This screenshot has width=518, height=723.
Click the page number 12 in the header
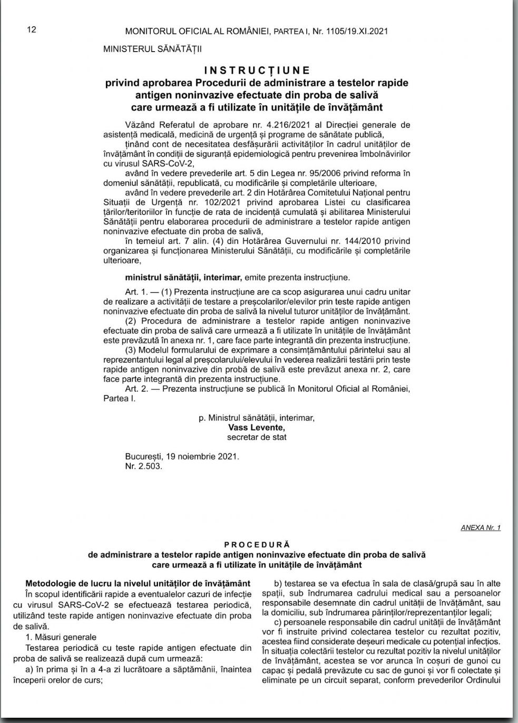click(x=32, y=30)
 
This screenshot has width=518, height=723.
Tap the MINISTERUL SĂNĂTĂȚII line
click(x=152, y=49)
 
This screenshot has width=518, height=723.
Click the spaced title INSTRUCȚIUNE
click(x=257, y=70)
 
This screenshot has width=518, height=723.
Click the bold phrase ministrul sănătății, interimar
click(x=183, y=277)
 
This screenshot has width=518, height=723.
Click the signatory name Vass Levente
click(x=257, y=427)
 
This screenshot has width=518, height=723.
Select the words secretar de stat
click(x=257, y=437)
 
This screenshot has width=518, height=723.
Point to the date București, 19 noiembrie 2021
click(x=182, y=456)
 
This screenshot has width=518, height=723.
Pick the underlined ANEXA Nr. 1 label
click(x=480, y=527)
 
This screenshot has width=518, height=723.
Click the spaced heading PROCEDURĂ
click(x=257, y=544)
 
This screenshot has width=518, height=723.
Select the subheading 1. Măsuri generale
click(x=61, y=637)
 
